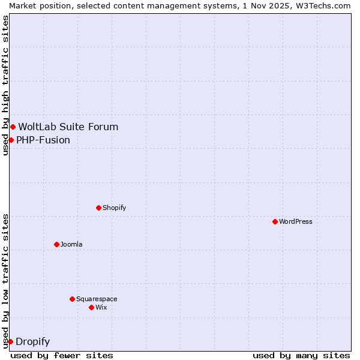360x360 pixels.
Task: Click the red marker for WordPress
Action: (x=275, y=221)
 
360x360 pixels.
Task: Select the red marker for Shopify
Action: (x=98, y=208)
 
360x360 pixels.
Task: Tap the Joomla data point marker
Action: (x=56, y=244)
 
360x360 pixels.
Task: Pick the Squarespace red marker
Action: (x=72, y=299)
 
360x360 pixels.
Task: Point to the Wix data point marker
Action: (x=91, y=307)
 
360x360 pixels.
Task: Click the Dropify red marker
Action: (x=10, y=341)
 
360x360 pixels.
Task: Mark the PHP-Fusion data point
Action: (x=11, y=140)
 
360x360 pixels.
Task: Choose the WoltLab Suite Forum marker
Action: (x=13, y=127)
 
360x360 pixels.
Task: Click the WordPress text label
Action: (x=296, y=221)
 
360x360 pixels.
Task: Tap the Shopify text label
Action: (x=114, y=208)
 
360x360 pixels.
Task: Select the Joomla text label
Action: (x=71, y=244)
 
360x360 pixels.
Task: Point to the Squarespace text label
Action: (x=97, y=299)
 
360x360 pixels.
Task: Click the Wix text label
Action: (x=101, y=307)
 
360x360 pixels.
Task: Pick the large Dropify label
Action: (x=33, y=342)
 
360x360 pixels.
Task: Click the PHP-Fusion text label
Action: (x=43, y=140)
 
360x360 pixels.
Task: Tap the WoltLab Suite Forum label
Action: (x=68, y=127)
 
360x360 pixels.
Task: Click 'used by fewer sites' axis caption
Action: (x=62, y=355)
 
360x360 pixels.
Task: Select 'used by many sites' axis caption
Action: (x=301, y=355)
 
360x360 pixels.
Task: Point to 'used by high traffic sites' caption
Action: (x=6, y=85)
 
